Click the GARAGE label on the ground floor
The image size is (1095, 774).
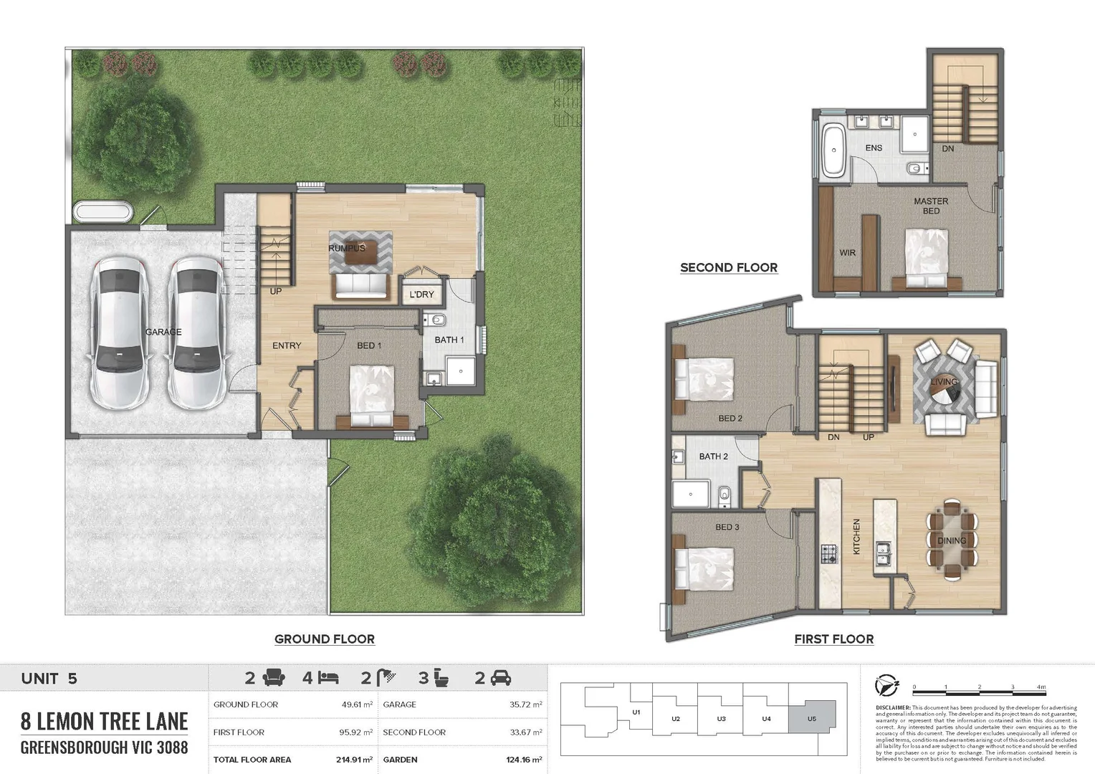tap(163, 332)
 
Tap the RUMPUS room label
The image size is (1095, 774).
tap(347, 248)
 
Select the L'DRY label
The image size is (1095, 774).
tap(421, 295)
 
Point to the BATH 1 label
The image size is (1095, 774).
tap(449, 340)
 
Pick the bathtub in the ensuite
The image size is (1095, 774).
tap(833, 150)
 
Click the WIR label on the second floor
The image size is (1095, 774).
tap(847, 253)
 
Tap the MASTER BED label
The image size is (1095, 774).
tap(931, 206)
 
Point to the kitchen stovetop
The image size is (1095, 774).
tap(828, 553)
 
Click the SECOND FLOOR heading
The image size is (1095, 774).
tap(729, 268)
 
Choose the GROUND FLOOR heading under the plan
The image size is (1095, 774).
tap(325, 639)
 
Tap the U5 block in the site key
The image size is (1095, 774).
tap(812, 717)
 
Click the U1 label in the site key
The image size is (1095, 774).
tap(636, 712)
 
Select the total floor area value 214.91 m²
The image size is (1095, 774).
tap(357, 760)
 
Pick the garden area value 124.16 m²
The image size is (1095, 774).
tap(523, 760)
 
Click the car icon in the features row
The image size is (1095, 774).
tap(500, 677)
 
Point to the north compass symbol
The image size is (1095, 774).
tap(887, 686)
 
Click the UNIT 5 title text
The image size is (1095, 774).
tap(49, 679)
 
